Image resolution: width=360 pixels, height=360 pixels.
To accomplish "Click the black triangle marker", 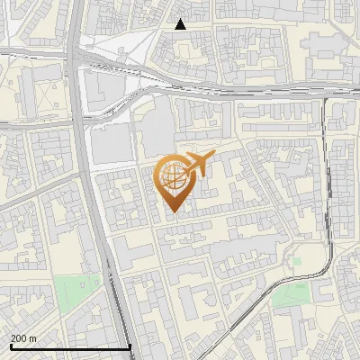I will click(x=181, y=24).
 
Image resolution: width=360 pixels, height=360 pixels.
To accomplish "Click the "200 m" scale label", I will click(x=23, y=338).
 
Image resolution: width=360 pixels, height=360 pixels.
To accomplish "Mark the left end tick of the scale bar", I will click(x=11, y=346).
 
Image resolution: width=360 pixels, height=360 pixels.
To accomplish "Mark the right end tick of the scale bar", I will click(x=130, y=346).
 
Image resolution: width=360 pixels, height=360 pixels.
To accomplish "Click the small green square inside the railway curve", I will click(x=296, y=262).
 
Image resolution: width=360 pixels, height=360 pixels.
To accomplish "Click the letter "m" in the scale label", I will click(x=32, y=338).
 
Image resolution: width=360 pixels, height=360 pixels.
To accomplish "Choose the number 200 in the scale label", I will click(x=19, y=338).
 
